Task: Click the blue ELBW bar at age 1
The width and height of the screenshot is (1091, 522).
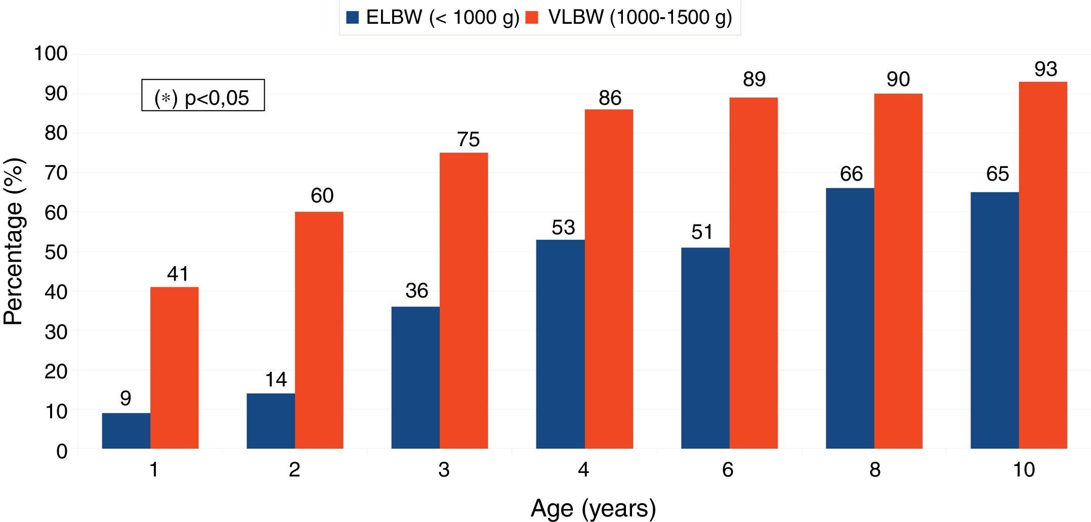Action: pos(126,431)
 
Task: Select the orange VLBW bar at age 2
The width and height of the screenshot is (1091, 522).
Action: pos(319,330)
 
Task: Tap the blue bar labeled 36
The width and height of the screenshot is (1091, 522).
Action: pos(415,377)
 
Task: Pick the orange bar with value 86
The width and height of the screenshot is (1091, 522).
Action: pos(609,279)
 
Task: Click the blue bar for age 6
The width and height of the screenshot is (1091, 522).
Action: pos(705,348)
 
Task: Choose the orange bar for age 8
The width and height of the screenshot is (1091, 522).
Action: pos(898,271)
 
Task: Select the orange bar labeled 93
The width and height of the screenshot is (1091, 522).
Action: pos(1043,265)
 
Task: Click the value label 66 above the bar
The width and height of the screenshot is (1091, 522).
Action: pos(851,174)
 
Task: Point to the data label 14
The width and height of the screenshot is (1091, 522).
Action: pos(276,379)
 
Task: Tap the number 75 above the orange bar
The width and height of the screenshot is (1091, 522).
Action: pos(468,140)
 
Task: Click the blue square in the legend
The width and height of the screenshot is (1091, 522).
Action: pos(352,18)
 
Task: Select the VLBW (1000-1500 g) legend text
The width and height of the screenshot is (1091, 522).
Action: pos(640,18)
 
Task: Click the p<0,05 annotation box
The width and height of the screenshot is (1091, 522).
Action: pos(202,96)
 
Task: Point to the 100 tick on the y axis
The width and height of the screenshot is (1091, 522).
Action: pos(51,54)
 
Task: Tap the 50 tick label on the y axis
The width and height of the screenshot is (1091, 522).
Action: pos(56,252)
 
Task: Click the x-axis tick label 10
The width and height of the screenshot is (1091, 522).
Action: pos(1023,470)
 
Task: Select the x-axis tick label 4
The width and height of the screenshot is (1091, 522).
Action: pos(583,470)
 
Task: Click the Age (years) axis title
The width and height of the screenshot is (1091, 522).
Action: pos(593,508)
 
